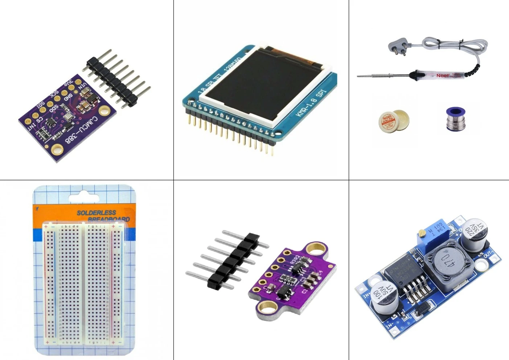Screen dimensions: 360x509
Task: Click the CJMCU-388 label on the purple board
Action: pyautogui.click(x=82, y=129)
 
